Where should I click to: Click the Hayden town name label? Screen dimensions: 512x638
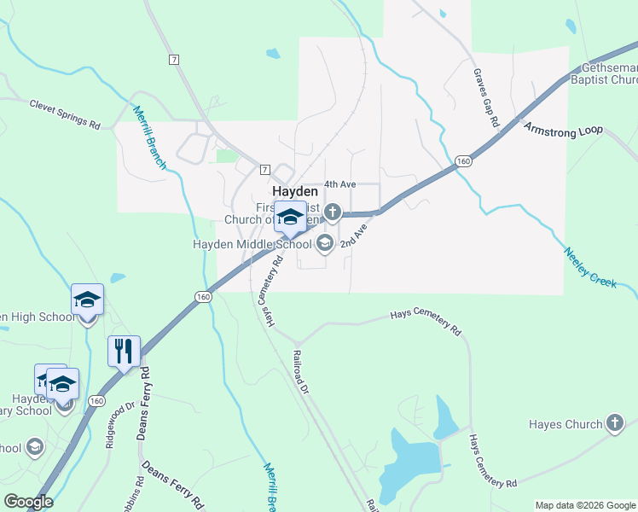(x=294, y=192)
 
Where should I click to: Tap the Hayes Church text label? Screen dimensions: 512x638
(x=565, y=424)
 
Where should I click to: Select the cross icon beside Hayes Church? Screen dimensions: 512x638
(x=615, y=423)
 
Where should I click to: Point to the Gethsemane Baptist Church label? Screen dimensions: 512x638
(x=607, y=73)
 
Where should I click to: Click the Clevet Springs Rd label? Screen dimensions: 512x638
(x=65, y=114)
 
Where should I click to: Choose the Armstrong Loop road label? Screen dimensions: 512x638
(x=563, y=130)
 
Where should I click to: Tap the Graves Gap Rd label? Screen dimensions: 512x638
(x=485, y=98)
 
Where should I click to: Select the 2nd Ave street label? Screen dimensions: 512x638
(x=353, y=236)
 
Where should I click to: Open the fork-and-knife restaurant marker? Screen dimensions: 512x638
(x=124, y=351)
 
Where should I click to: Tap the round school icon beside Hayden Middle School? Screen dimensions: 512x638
(x=324, y=245)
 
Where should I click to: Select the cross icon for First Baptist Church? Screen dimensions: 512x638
(x=333, y=212)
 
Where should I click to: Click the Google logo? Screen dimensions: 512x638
(x=28, y=502)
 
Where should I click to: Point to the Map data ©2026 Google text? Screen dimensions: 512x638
(x=585, y=505)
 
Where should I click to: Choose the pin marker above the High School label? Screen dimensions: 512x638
(x=87, y=300)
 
